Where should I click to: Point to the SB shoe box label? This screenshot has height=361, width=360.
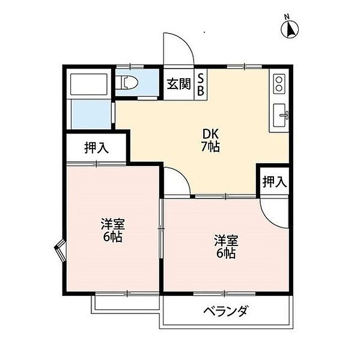pyautogui.click(x=201, y=84)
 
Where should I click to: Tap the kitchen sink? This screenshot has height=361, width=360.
pyautogui.click(x=280, y=115)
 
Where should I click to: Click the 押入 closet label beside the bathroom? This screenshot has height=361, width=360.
pyautogui.click(x=96, y=148)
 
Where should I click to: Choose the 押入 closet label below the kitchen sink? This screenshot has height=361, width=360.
pyautogui.click(x=274, y=181)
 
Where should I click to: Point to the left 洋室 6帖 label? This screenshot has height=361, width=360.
pyautogui.click(x=112, y=230)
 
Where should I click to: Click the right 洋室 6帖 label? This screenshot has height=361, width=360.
pyautogui.click(x=225, y=247)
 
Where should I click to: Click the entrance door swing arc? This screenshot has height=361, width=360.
pyautogui.click(x=179, y=48)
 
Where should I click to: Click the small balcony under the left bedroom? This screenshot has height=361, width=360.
pyautogui.click(x=126, y=303)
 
